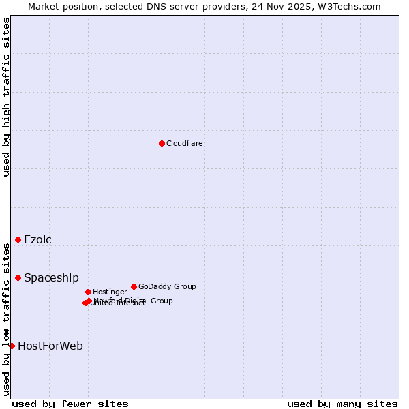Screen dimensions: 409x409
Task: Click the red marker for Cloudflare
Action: coord(162,143)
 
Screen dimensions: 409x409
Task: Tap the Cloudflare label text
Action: coord(184,143)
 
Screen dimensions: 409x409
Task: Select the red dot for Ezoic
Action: coord(18,239)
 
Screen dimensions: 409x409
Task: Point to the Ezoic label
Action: coord(37,239)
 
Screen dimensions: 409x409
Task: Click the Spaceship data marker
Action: coord(18,277)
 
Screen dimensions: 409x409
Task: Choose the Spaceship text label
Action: coord(51,277)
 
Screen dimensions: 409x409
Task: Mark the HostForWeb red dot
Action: coord(12,346)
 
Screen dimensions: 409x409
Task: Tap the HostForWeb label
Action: coord(50,346)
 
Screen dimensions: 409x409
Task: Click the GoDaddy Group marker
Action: coord(134,286)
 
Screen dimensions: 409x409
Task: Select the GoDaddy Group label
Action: coord(167,286)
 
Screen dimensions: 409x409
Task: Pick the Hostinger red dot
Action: coord(88,292)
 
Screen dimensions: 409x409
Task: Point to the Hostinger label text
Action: coord(110,292)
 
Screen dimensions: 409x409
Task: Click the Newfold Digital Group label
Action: coord(134,300)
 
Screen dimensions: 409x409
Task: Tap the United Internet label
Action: coord(118,303)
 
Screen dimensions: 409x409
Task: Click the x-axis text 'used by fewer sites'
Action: coord(70,404)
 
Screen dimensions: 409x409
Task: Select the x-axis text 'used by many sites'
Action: coord(342,404)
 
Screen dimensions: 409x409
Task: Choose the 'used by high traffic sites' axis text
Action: coord(6,97)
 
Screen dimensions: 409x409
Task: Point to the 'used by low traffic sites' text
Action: coord(6,318)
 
